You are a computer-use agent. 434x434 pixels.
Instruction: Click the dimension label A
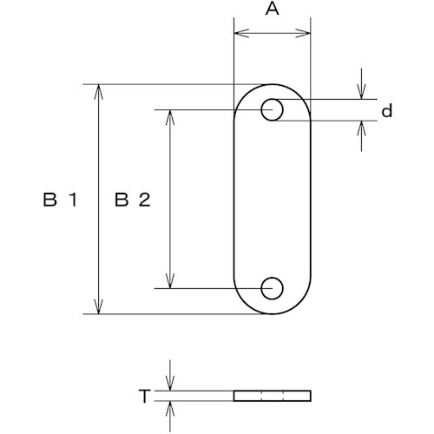click(x=273, y=10)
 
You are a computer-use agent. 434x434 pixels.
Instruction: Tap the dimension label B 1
click(x=60, y=200)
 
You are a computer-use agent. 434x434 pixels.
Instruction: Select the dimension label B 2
click(x=133, y=200)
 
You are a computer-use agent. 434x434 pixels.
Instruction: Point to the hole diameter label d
click(x=387, y=111)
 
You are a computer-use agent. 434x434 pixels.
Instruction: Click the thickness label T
click(x=145, y=396)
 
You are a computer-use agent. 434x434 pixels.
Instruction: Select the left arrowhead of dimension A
click(x=241, y=33)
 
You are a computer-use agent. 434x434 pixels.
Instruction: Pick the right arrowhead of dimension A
click(x=303, y=33)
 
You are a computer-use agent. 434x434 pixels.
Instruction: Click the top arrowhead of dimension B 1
click(x=99, y=92)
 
